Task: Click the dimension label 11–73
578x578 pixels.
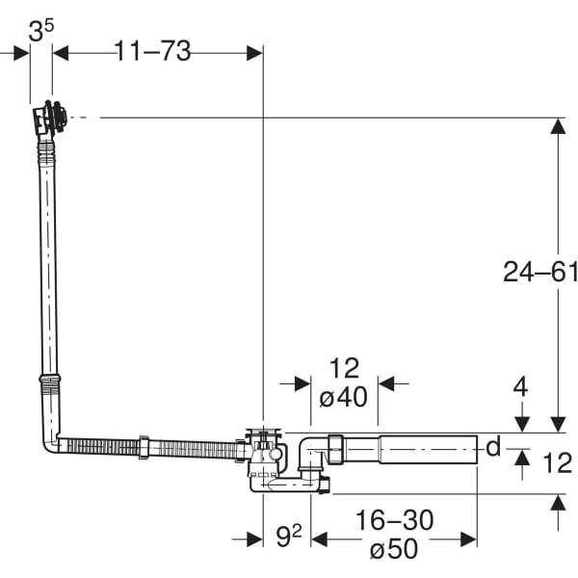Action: coord(152,51)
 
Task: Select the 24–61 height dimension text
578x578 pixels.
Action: coord(540,272)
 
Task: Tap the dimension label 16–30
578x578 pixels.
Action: coord(394,520)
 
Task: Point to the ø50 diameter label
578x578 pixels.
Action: coord(394,548)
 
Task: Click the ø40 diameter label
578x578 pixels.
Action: coord(344,397)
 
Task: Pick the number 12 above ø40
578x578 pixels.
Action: coord(344,368)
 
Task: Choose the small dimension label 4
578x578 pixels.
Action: coord(520,387)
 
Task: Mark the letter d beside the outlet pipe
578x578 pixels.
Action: coord(493,446)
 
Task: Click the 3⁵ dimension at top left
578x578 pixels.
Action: coord(40,31)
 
